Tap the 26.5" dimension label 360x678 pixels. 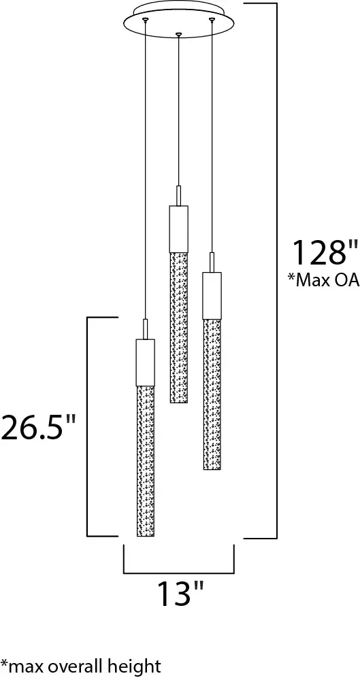38,426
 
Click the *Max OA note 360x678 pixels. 324,280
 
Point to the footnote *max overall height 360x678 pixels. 81,666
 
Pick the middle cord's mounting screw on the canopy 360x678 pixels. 178,33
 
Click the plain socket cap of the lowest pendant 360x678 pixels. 146,362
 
